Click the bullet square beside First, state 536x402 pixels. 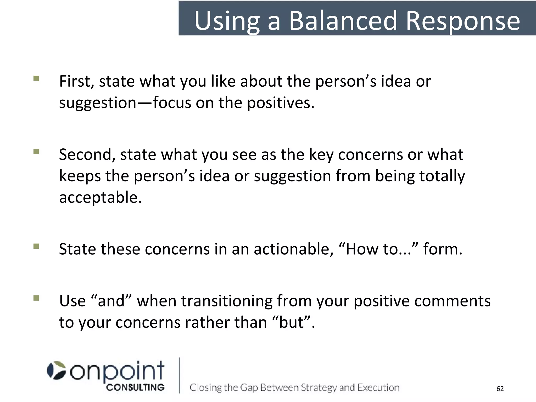point(36,79)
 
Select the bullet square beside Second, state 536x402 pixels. point(36,152)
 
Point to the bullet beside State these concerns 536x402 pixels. point(36,246)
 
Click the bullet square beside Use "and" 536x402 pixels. point(36,298)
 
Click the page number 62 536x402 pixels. point(500,389)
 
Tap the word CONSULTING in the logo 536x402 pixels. point(135,388)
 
